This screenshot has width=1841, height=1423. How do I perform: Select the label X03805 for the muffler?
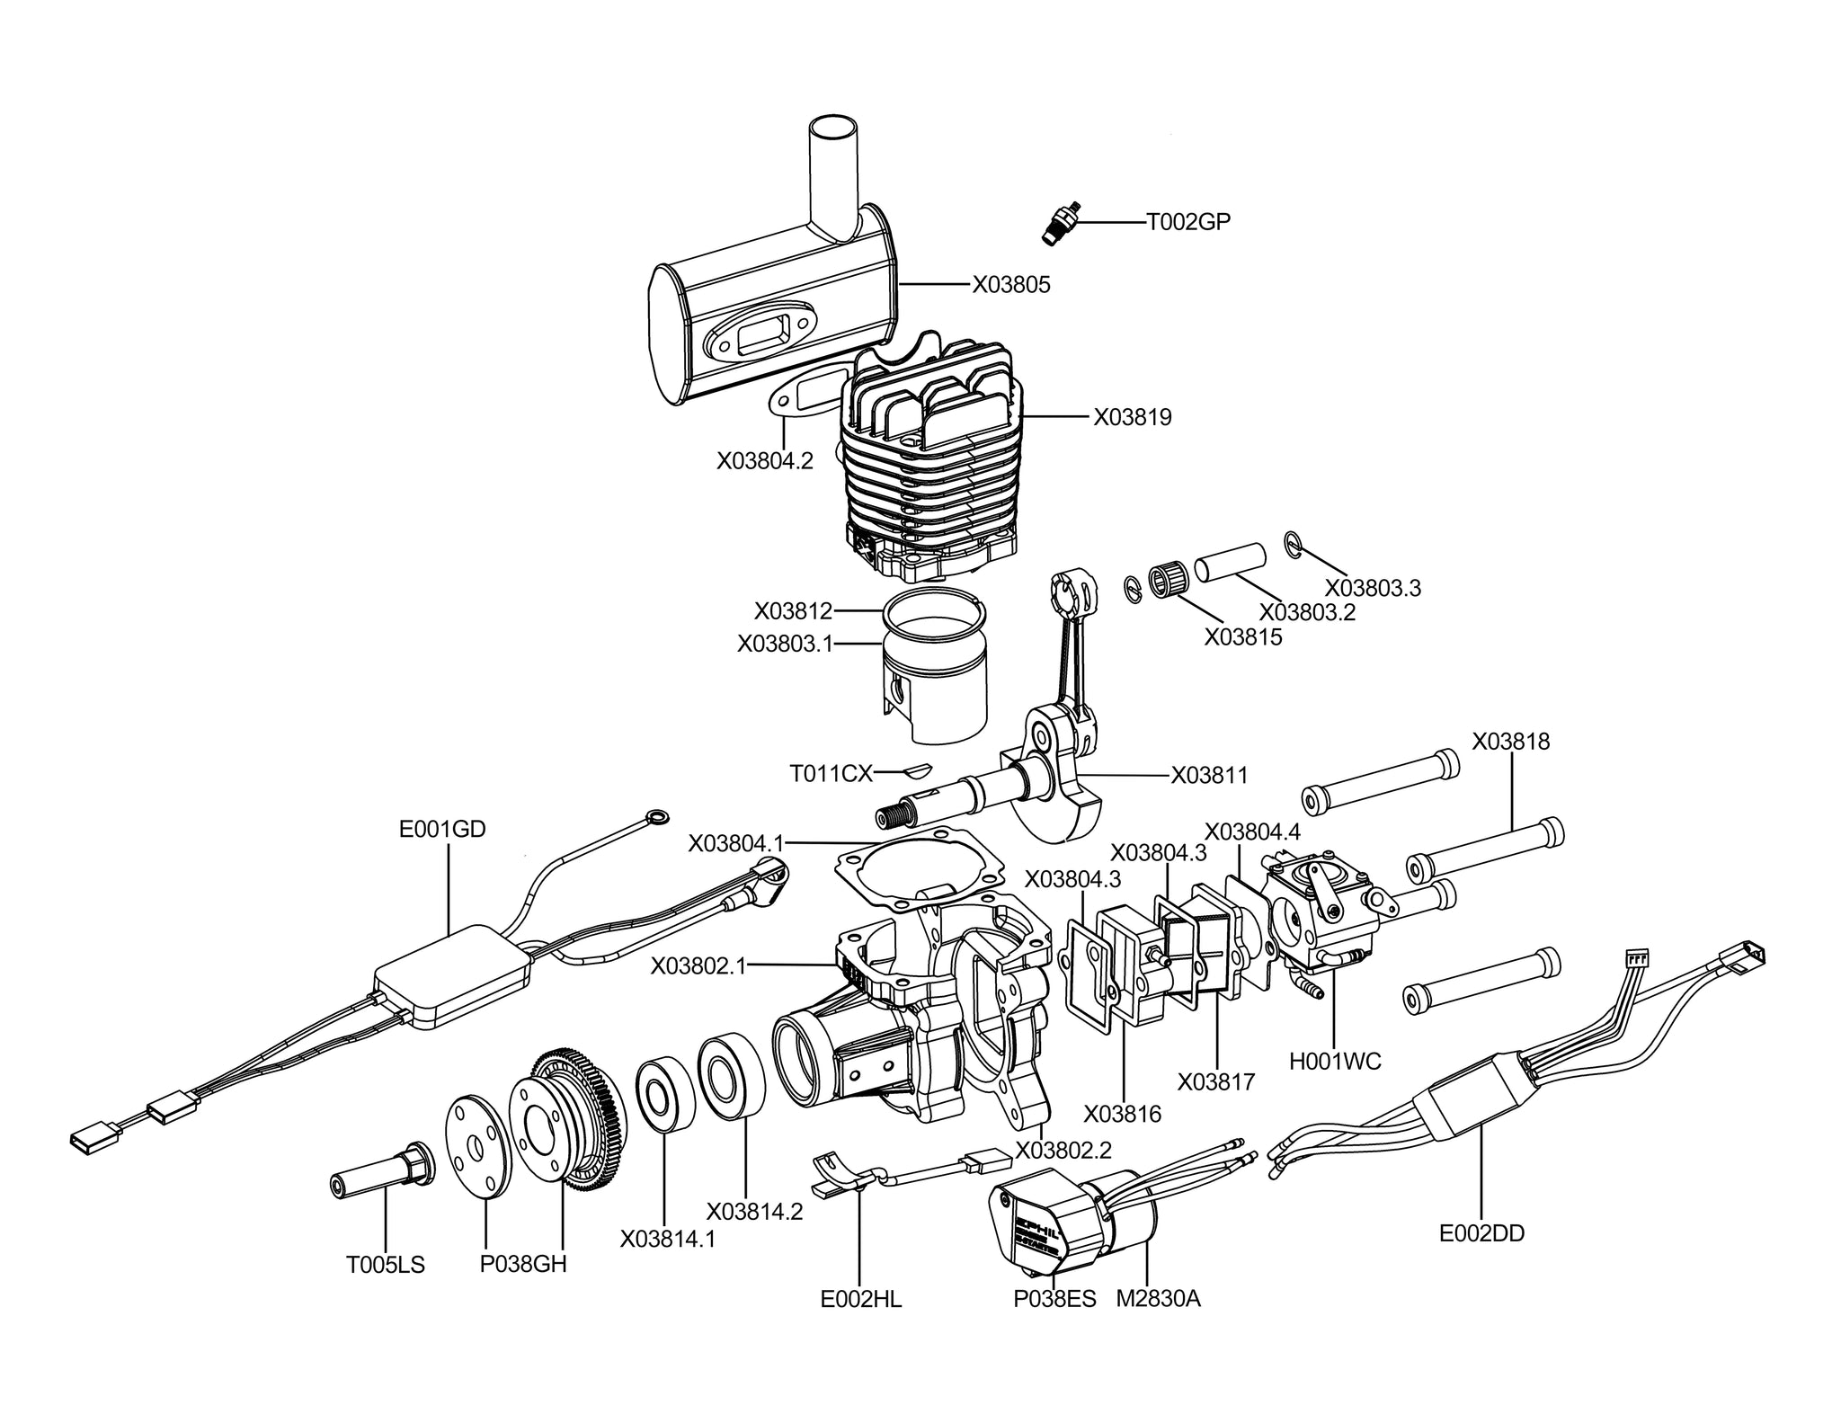pos(1011,285)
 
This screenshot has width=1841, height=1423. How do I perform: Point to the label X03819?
pos(1133,418)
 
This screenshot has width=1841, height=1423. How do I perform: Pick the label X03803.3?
pos(1374,589)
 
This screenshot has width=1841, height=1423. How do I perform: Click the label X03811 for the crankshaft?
pos(1210,776)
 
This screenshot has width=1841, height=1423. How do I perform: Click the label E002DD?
pos(1482,1233)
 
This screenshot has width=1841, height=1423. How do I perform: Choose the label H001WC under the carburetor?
pos(1335,1062)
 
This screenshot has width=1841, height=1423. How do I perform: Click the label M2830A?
pos(1158,1299)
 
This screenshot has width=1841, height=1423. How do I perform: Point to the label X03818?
pos(1511,742)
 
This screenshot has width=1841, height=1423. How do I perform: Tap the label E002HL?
pos(861,1299)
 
